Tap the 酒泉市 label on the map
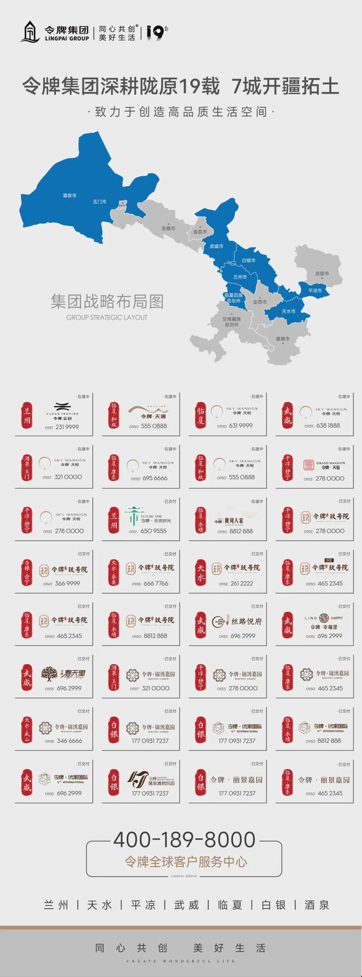coord(70,195)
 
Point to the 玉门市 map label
coord(99,202)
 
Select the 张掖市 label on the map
coord(168,228)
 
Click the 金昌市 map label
coord(201,231)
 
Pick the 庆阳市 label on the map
coord(322,273)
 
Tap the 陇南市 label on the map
coord(282,339)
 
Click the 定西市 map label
coord(259,302)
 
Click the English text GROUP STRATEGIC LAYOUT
coord(107,317)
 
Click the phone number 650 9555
coord(154,531)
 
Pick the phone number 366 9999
coord(67,583)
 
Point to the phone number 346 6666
coord(69,741)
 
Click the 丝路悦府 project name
coord(246,621)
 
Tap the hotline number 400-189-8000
coord(184,839)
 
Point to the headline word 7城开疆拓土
coord(286,87)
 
